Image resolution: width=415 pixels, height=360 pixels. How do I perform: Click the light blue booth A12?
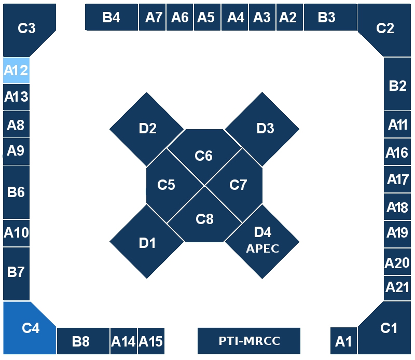16,70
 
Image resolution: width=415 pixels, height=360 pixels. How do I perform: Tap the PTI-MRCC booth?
249,341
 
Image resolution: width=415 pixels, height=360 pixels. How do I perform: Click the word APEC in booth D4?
262,248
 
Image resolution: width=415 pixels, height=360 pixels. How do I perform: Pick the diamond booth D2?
147,128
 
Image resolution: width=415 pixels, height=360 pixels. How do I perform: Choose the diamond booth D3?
265,128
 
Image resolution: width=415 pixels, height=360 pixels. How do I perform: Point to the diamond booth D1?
147,242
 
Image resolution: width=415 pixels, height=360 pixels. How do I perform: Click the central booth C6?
204,155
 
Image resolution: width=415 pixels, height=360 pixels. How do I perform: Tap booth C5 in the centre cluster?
167,185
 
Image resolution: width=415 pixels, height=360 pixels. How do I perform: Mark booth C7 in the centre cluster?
238,185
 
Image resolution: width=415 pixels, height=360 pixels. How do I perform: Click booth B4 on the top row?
111,18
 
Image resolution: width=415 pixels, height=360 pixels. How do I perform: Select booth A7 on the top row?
154,18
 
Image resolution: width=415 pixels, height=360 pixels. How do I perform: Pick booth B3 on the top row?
327,18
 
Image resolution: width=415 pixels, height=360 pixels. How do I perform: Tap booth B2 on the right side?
398,86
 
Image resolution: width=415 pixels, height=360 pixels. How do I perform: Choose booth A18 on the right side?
398,207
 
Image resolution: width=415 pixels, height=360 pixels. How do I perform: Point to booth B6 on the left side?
16,192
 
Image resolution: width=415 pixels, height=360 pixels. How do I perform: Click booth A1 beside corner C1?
343,341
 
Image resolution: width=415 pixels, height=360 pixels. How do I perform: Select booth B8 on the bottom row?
80,341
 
